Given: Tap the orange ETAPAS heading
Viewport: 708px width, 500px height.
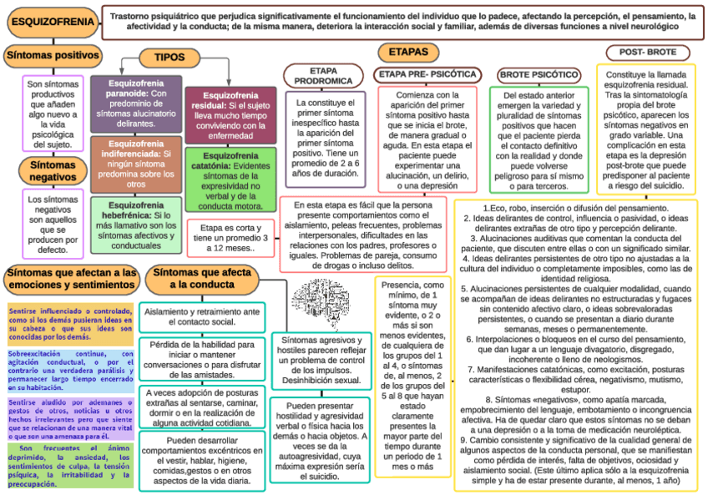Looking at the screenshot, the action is pos(408,53).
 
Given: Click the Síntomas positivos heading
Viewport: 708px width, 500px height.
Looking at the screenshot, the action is pos(52,56).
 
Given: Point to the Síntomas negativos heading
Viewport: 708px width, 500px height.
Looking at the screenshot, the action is pos(53,170).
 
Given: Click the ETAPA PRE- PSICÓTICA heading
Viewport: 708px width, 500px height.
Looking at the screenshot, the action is pos(427,74).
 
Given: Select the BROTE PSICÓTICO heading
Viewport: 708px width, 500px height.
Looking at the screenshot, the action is pos(539,75).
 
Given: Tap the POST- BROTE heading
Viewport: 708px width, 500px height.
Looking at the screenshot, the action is pos(648,52).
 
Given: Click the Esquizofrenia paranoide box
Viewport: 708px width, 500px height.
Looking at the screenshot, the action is pos(135,105).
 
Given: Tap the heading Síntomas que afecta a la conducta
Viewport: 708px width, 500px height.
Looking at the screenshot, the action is pos(202,279).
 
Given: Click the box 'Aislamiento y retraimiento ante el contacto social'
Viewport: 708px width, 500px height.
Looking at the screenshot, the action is pos(201,316).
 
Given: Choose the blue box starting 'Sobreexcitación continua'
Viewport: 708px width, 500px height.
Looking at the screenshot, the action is pos(70,371).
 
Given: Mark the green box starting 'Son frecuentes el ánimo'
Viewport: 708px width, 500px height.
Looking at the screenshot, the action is pos(70,465).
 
